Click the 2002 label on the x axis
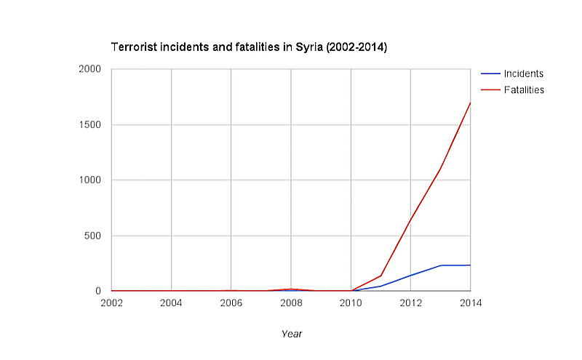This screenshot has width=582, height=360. tap(111, 303)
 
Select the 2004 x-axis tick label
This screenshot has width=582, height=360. tap(171, 303)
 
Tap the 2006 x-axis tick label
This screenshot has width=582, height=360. tap(231, 303)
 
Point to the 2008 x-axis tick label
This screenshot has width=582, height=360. tap(291, 303)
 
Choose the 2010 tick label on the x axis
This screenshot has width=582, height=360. tap(351, 303)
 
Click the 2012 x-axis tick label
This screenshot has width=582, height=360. tap(411, 303)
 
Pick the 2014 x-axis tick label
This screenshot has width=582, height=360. tap(471, 303)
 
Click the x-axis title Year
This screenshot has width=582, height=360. tap(291, 334)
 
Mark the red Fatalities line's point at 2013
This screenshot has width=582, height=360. tap(441, 169)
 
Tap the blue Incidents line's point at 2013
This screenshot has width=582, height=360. tap(441, 265)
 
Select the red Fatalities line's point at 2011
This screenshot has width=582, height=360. tap(381, 276)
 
